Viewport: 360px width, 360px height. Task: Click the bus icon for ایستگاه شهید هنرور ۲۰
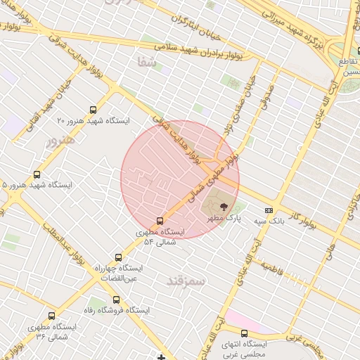[94, 110]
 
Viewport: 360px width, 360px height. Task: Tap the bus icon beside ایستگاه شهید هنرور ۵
[37, 174]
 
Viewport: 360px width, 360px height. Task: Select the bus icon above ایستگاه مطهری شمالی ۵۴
[160, 221]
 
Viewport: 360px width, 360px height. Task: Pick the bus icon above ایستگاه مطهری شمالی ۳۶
[51, 316]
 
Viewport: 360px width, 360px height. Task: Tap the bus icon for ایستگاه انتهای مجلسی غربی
[244, 333]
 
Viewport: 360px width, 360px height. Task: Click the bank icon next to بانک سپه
[269, 210]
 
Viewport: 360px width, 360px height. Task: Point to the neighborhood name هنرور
[60, 140]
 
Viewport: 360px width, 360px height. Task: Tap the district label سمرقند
[186, 281]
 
